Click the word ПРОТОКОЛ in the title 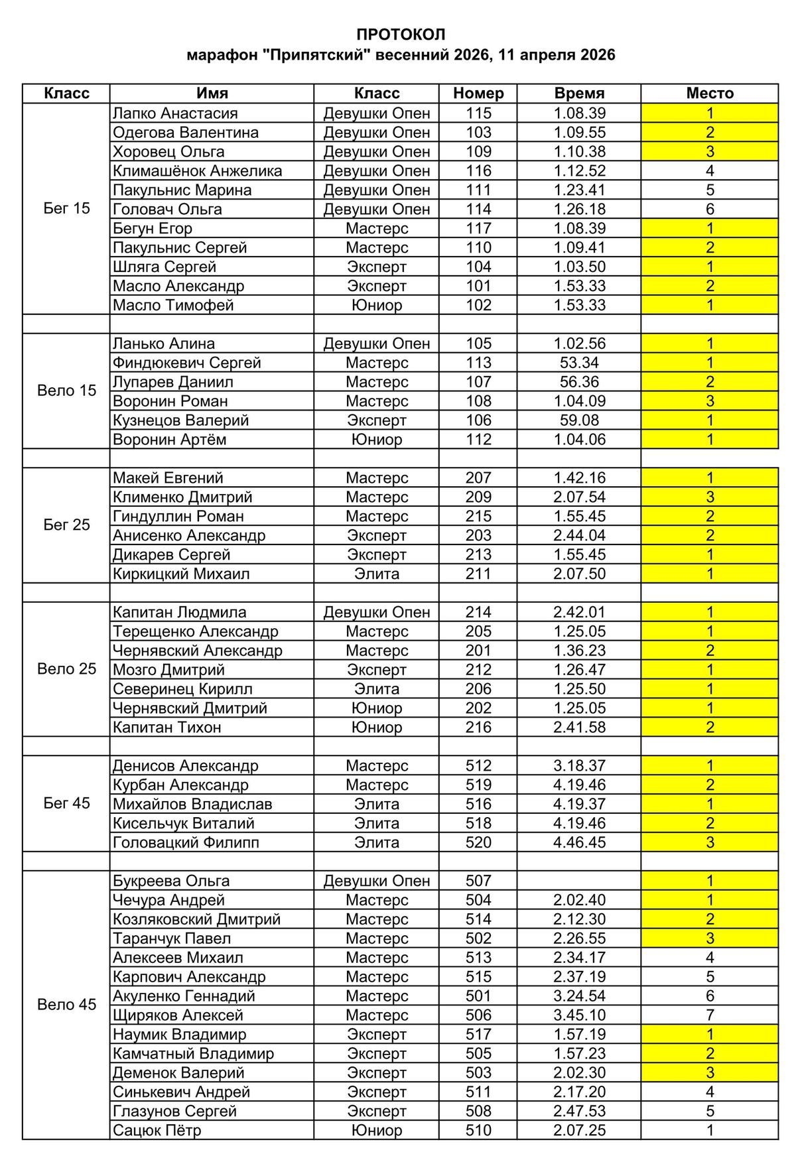[x=401, y=34]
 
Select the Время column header [x=579, y=94]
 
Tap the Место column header [x=710, y=94]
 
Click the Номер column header [x=478, y=94]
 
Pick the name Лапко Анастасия [x=175, y=113]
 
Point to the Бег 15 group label [x=66, y=208]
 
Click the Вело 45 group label [x=66, y=1004]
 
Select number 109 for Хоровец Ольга [x=478, y=152]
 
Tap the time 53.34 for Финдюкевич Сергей [x=579, y=363]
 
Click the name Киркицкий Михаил [x=181, y=574]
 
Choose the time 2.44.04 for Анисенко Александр [x=579, y=535]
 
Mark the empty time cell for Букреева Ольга [x=579, y=881]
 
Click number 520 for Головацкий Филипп [x=478, y=842]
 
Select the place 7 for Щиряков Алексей [x=710, y=1015]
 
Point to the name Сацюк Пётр [x=157, y=1130]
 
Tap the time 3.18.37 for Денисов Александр [x=579, y=765]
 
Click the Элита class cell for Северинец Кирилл [x=377, y=689]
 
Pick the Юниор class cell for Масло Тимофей [x=377, y=305]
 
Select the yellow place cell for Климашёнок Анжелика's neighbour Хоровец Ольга [x=710, y=152]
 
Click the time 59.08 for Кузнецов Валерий [x=579, y=420]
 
